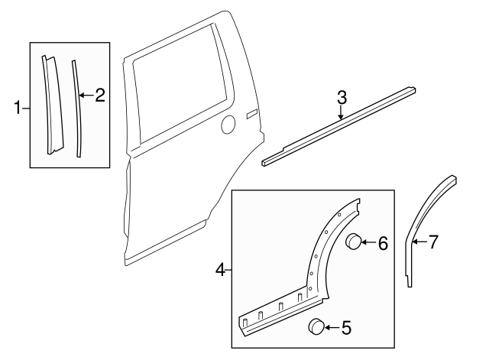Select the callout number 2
[99, 96]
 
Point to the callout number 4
[221, 270]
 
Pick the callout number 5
[346, 329]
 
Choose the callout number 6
[383, 243]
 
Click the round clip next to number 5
[316, 328]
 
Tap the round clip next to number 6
[354, 242]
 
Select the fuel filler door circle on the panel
[228, 125]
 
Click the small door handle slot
[252, 115]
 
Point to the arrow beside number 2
[86, 96]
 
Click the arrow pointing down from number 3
[342, 112]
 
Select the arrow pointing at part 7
[419, 242]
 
